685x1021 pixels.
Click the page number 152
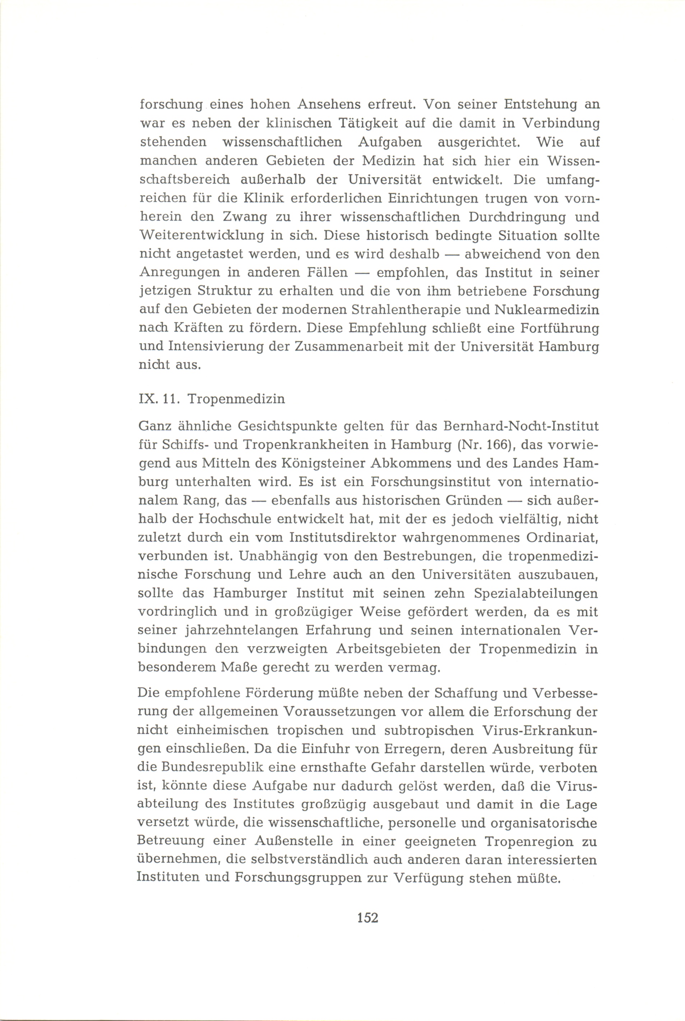[367, 918]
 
